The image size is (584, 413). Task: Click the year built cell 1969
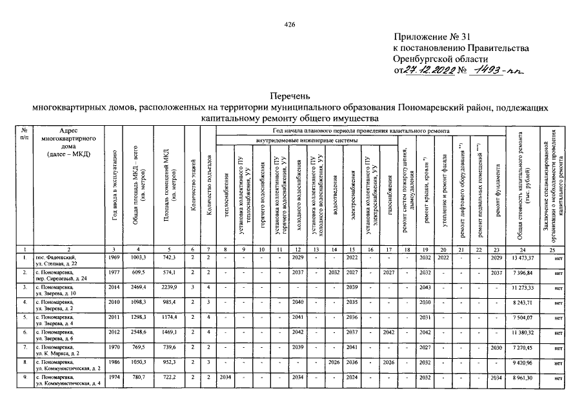tap(116, 257)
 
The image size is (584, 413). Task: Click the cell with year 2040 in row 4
tap(297, 302)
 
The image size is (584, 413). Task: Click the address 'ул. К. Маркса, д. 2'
tap(58, 354)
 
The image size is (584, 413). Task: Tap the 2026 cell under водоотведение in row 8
tap(334, 363)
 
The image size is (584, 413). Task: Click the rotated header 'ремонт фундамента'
tap(498, 187)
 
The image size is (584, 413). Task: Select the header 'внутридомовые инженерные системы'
tap(306, 139)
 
